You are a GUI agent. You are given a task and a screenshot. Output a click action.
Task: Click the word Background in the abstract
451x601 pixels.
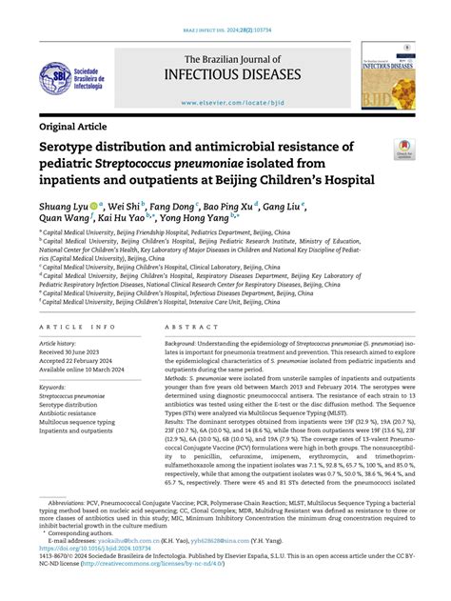point(181,341)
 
